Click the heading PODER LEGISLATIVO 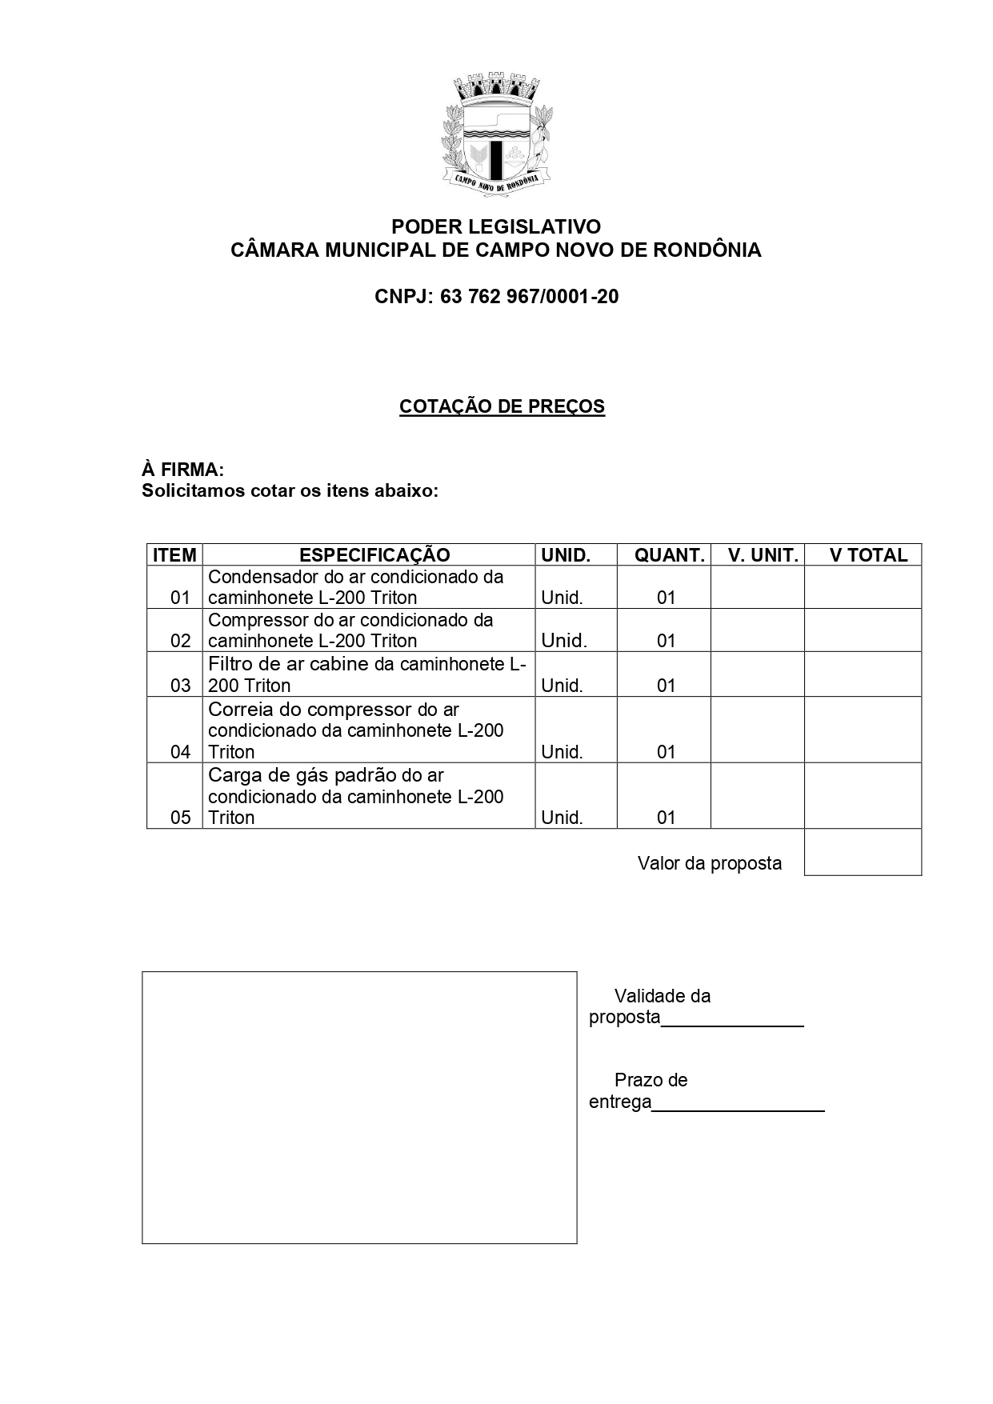pos(496,226)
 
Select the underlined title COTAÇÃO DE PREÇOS pos(502,406)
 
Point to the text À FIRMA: pos(182,470)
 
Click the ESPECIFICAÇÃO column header pos(374,555)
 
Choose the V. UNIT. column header pos(763,555)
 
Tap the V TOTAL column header pos(868,555)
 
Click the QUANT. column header pos(669,555)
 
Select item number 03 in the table pos(181,686)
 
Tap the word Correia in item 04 pos(238,710)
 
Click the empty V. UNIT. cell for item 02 pos(757,630)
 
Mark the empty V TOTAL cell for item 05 pos(863,795)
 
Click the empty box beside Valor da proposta pos(863,852)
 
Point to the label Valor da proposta pos(709,864)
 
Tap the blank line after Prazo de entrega pos(738,1104)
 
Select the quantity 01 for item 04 pos(666,752)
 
